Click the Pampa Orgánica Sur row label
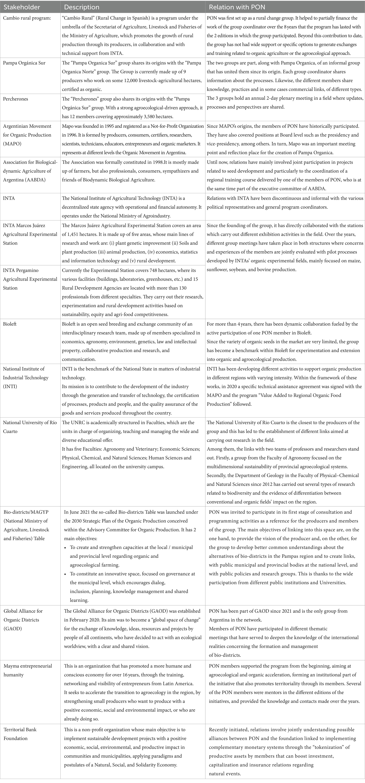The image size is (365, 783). click(24, 63)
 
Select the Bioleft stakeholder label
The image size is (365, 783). click(10, 324)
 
